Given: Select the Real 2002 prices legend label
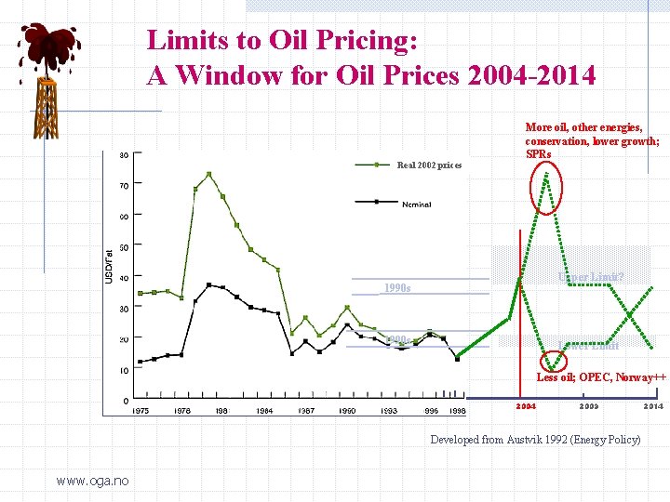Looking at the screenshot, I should (x=428, y=165).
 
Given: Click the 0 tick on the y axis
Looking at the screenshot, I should (x=126, y=401).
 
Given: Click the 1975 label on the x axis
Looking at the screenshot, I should (x=140, y=410).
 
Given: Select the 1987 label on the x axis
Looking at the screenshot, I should (x=305, y=410).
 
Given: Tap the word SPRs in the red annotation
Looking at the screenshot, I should (x=539, y=153).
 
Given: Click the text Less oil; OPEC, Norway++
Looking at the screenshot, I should (x=601, y=376).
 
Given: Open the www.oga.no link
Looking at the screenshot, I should (x=92, y=481).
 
